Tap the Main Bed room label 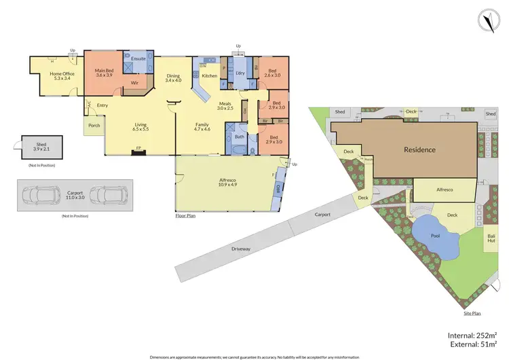coord(104,72)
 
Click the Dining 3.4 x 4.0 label coord(174,78)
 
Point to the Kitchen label coord(208,77)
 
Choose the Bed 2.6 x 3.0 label coord(272,73)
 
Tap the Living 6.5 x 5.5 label coord(140,126)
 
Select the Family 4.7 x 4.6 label coord(202,126)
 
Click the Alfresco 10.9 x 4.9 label coord(227,183)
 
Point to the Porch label coord(93,124)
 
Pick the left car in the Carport coord(41,196)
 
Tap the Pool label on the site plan coord(435,236)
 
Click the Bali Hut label coord(490,238)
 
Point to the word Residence coord(419,149)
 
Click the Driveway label coord(241,249)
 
